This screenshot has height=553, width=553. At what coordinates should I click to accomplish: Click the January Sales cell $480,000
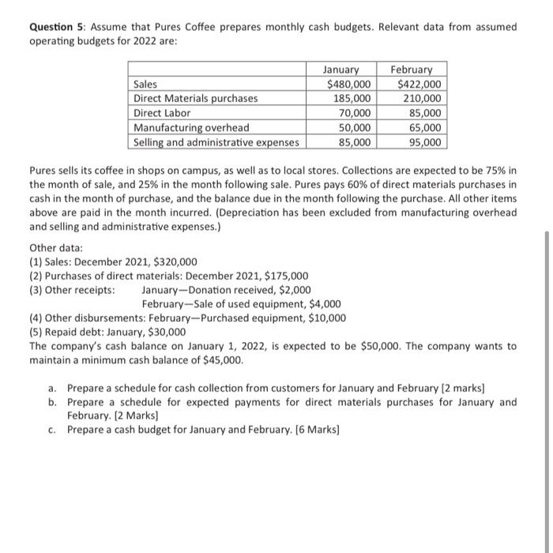pos(348,85)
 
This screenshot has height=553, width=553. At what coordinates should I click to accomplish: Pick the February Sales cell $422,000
pos(420,85)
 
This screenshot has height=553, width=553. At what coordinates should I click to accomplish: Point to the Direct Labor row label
pos(162,113)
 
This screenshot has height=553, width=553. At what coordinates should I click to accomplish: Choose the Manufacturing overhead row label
pos(191,127)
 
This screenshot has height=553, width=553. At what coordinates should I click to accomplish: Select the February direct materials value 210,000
pos(423,99)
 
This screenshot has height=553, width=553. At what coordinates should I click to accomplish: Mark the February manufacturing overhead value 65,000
pos(426,127)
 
